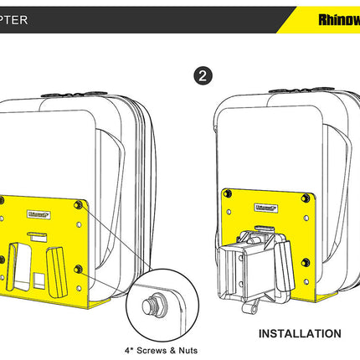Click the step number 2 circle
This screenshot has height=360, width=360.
point(201,75)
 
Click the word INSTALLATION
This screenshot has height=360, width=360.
point(299,333)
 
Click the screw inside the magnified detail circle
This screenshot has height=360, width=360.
point(153,303)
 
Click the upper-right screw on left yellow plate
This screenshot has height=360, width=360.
point(79,203)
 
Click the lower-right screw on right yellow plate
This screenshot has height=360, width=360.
point(309,270)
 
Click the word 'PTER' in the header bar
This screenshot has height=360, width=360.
point(21,16)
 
